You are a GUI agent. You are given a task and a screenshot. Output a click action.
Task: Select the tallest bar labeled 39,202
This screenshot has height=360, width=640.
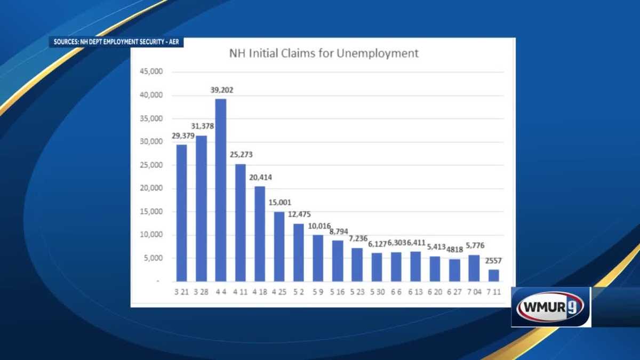(x=221, y=189)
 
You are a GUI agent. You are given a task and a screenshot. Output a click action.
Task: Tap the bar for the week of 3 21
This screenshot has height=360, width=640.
(x=182, y=213)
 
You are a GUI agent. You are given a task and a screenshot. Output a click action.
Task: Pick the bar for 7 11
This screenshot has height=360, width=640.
(x=494, y=275)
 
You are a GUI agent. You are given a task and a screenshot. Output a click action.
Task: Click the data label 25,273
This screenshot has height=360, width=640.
(x=241, y=155)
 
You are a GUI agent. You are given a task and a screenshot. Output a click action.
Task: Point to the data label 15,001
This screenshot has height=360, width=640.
(x=279, y=203)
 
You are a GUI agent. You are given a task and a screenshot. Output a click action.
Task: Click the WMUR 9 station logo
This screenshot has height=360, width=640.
(x=551, y=307)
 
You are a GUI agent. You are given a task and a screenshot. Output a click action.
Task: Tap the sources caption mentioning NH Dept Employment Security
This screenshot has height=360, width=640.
(x=116, y=42)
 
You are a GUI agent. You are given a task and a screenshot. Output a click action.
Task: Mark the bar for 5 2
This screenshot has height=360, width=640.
(x=299, y=252)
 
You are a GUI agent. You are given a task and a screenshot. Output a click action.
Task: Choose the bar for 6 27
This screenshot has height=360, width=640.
(x=454, y=270)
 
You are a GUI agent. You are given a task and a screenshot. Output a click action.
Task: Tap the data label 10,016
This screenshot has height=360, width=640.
(x=318, y=226)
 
